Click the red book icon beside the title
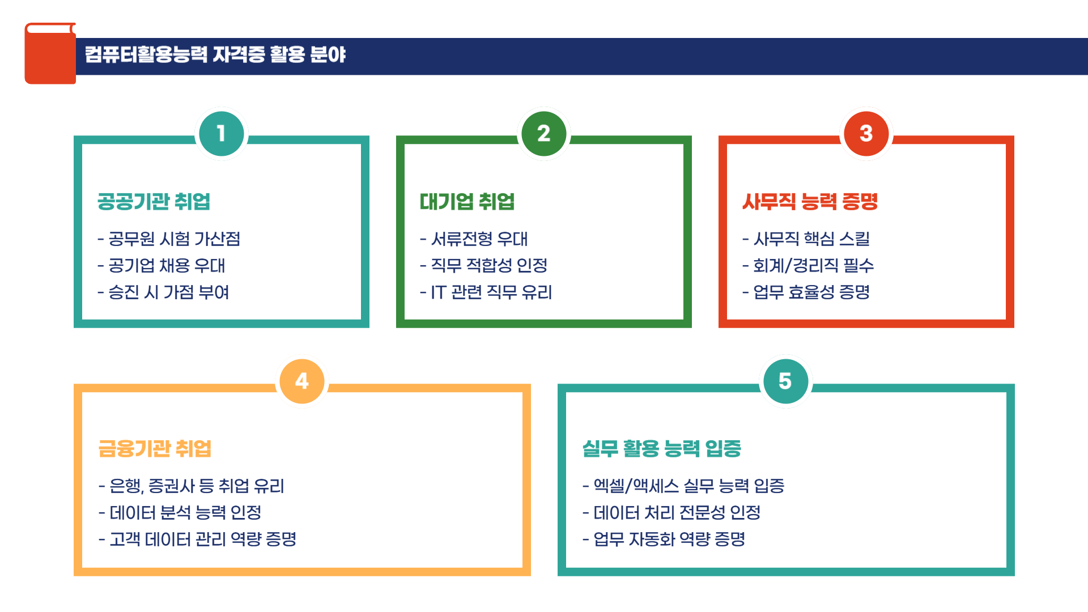click(50, 54)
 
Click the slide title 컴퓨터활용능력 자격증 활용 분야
click(215, 54)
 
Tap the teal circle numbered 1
click(221, 134)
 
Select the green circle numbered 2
click(543, 134)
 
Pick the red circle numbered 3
click(866, 134)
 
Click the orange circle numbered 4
click(302, 381)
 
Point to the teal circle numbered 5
click(785, 381)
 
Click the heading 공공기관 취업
click(154, 202)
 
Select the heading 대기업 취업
click(467, 202)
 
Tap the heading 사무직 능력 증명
click(810, 202)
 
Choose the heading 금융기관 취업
click(155, 449)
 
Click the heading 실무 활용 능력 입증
click(662, 449)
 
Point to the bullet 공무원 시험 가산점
click(169, 239)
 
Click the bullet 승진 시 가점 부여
click(163, 292)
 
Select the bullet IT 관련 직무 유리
click(486, 292)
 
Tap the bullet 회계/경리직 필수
click(808, 266)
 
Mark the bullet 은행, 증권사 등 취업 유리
click(192, 486)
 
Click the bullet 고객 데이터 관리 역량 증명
click(197, 539)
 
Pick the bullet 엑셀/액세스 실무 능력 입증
click(683, 486)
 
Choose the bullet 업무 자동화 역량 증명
click(664, 539)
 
